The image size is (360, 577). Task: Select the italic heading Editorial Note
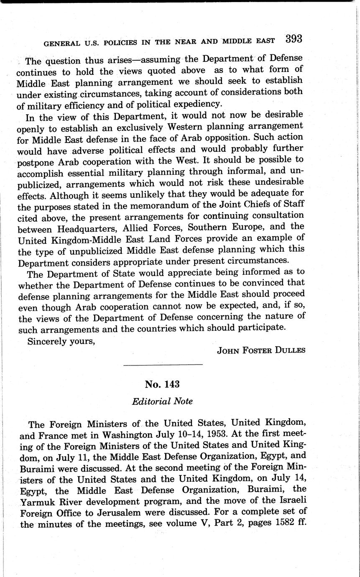[x=162, y=401]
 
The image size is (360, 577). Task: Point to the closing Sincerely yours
[x=61, y=341]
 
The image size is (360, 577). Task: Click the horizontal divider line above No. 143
[x=163, y=365]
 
